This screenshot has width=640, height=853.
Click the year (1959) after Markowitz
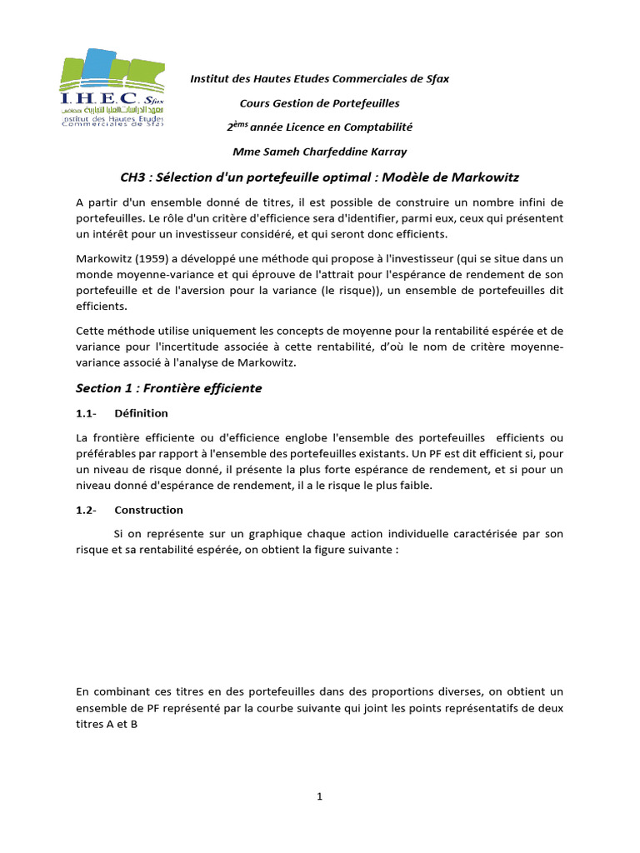pyautogui.click(x=150, y=260)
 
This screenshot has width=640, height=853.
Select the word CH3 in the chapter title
pyautogui.click(x=135, y=178)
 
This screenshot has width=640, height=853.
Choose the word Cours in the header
pyautogui.click(x=255, y=103)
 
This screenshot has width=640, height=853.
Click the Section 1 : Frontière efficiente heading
pyautogui.click(x=168, y=388)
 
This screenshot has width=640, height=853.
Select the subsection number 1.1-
pyautogui.click(x=86, y=413)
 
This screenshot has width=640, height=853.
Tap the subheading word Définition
pyautogui.click(x=141, y=413)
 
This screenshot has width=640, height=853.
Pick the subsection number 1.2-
pyautogui.click(x=86, y=510)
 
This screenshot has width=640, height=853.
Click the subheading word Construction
pyautogui.click(x=148, y=510)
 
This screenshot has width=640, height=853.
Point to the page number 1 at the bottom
pyautogui.click(x=319, y=796)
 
